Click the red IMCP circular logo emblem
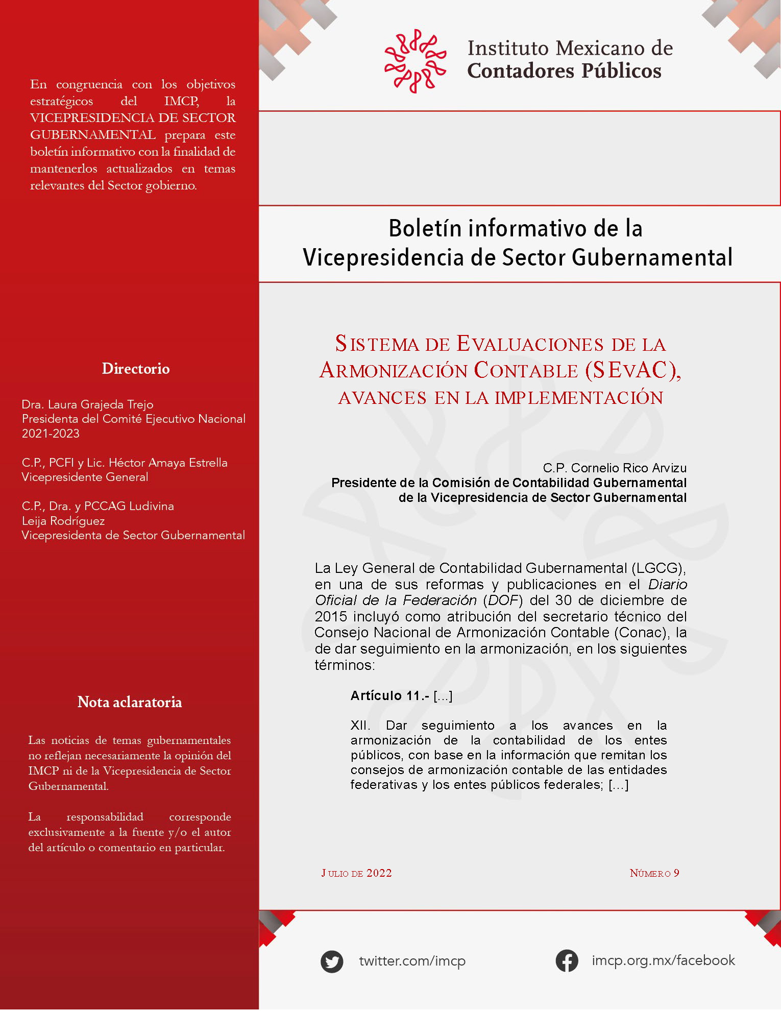(x=415, y=61)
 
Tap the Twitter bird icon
(x=332, y=961)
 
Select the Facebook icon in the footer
(x=567, y=961)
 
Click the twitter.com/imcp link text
(x=412, y=961)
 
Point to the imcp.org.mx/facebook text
(x=663, y=960)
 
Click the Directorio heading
(x=136, y=369)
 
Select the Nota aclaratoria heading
(x=130, y=702)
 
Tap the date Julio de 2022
(x=356, y=873)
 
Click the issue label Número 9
(x=654, y=873)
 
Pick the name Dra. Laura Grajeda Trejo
(x=87, y=404)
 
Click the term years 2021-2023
(x=51, y=434)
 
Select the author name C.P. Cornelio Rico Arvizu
(x=615, y=468)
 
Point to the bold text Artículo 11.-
(x=389, y=695)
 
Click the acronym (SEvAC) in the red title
(x=633, y=370)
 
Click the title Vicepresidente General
(x=85, y=477)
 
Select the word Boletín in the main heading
(x=425, y=228)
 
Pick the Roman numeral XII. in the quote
(x=360, y=726)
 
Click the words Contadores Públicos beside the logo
(x=564, y=71)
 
